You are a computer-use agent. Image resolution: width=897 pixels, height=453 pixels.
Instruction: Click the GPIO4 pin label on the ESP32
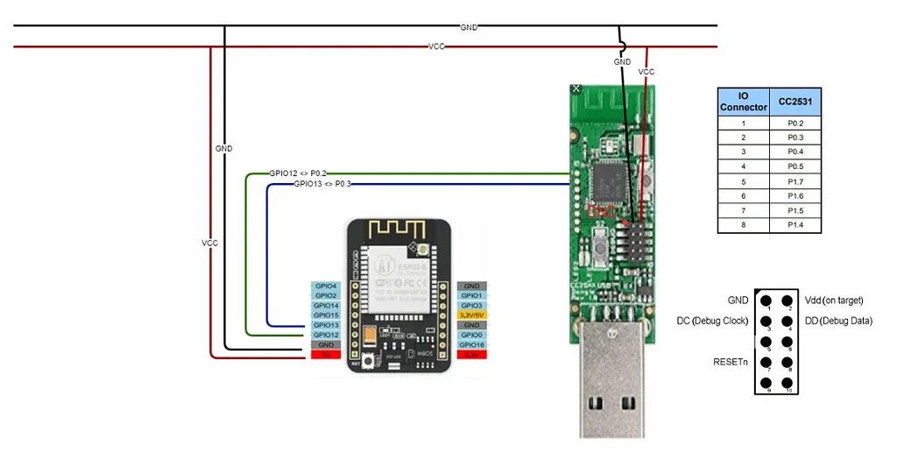(x=325, y=287)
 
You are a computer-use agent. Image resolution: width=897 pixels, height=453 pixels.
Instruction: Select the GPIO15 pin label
(x=325, y=315)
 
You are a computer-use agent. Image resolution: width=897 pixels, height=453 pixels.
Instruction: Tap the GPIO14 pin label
(x=325, y=306)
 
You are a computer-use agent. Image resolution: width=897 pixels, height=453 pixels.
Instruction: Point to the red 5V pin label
(x=325, y=355)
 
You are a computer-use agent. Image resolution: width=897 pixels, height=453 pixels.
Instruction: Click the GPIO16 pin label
(x=471, y=345)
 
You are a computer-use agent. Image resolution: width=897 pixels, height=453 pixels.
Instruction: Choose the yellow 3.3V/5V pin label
(x=471, y=315)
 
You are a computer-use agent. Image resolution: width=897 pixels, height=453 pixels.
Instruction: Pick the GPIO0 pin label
(x=471, y=335)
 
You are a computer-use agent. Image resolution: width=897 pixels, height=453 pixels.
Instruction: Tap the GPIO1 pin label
(x=471, y=296)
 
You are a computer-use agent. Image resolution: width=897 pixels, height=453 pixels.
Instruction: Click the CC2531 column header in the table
(x=795, y=102)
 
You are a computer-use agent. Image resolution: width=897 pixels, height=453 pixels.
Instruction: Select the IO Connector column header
(x=743, y=102)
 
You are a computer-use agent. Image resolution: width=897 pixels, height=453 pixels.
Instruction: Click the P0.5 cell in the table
(x=795, y=166)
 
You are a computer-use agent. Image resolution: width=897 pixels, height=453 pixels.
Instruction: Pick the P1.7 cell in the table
(x=795, y=181)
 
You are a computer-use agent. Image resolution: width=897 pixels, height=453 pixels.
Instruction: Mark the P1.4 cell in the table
(x=795, y=225)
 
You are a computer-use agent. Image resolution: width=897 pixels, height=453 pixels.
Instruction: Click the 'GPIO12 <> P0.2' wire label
(x=298, y=173)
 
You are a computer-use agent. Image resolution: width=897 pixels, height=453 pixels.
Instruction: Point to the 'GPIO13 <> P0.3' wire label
(x=322, y=184)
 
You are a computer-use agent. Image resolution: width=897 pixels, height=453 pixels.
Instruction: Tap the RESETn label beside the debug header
(x=730, y=361)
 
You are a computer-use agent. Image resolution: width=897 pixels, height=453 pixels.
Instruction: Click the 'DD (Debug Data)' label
(x=838, y=321)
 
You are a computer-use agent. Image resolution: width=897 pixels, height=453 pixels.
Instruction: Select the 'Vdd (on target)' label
(x=833, y=301)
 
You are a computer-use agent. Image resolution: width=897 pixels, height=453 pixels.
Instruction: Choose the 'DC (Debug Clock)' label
(x=711, y=321)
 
